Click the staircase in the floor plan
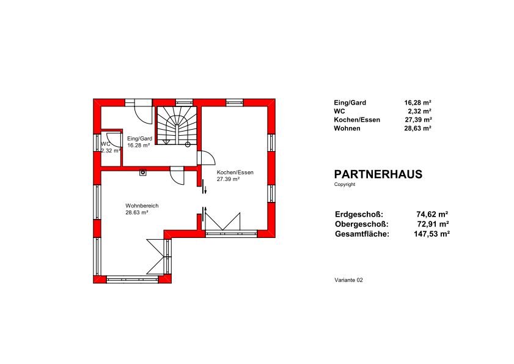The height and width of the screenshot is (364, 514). [x=176, y=126]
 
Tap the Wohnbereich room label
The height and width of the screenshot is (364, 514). [x=142, y=206]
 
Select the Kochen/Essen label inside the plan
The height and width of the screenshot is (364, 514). [x=235, y=173]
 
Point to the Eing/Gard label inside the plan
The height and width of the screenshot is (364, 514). [x=139, y=138]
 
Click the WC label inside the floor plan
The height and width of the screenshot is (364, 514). [x=106, y=144]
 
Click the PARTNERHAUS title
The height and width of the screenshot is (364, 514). [x=378, y=174]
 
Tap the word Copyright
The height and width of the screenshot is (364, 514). [x=345, y=185]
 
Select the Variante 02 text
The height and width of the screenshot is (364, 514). [x=348, y=280]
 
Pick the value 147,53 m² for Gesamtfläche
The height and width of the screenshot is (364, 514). [x=431, y=234]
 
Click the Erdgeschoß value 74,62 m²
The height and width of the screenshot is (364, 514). [x=432, y=214]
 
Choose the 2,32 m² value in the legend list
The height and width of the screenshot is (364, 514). [x=420, y=111]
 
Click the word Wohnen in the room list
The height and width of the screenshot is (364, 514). [x=347, y=128]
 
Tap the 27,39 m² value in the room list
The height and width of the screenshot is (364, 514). [x=418, y=120]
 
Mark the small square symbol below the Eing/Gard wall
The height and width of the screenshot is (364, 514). [x=142, y=173]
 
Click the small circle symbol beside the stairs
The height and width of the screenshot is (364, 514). [x=188, y=144]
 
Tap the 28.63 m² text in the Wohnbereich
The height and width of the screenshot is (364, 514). [x=137, y=213]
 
